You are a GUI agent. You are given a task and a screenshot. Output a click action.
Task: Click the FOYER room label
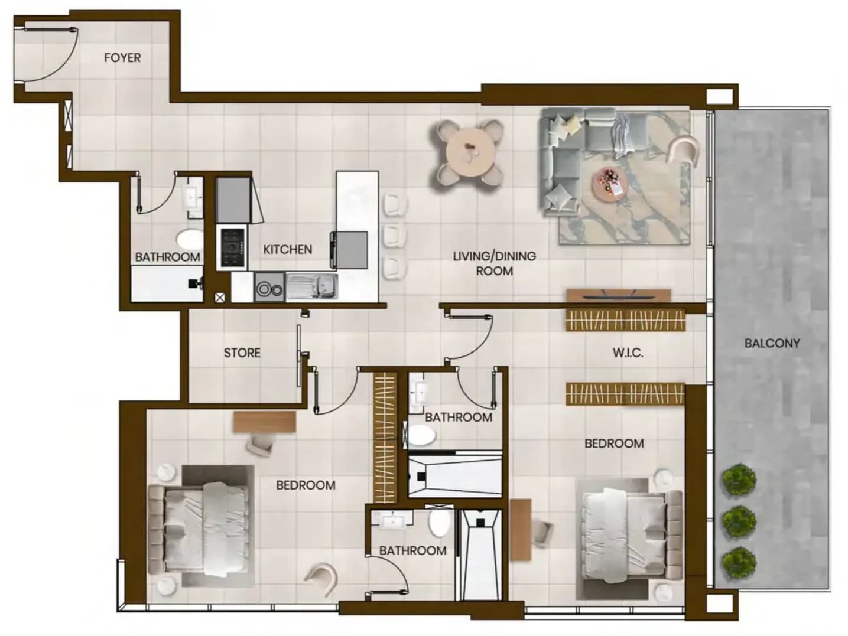pos(122,58)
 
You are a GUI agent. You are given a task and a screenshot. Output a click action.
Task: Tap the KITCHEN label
pos(287,249)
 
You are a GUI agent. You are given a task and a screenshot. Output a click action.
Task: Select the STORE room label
pos(242,353)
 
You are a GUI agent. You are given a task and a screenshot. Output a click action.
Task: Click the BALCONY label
pos(772,343)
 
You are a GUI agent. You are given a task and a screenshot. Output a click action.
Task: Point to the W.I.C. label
pos(628,353)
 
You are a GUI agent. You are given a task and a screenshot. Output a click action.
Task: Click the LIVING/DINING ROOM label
pos(495,263)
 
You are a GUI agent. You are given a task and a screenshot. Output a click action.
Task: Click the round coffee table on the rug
pos(609,184)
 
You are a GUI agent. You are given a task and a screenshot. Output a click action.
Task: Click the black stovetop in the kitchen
pos(233,247)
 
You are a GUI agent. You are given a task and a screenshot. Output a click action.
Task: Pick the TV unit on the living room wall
pos(619,296)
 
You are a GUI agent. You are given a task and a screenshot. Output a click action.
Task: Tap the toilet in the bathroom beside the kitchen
pos(190,239)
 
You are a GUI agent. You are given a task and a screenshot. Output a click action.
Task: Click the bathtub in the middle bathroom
pos(455,477)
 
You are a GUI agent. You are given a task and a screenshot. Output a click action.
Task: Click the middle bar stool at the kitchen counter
pos(395,234)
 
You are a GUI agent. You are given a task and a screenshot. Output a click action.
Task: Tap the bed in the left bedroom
pos(199,528)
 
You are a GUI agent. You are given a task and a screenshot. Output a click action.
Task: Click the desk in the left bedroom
pos(265,422)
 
